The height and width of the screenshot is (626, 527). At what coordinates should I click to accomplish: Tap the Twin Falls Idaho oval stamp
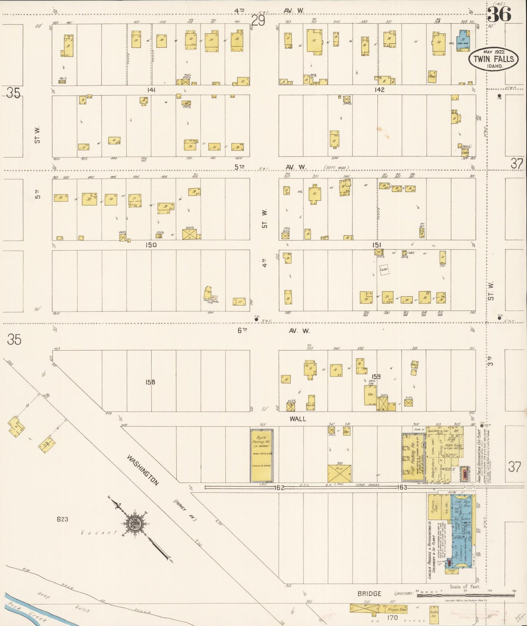[493, 59]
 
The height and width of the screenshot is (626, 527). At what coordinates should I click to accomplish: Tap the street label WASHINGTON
[143, 470]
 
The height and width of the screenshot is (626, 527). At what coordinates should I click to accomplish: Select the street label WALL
[298, 419]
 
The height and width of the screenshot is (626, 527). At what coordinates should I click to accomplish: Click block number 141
[151, 90]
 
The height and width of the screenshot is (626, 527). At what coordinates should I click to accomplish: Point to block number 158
[150, 382]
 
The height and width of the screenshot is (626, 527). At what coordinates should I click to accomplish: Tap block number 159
[376, 376]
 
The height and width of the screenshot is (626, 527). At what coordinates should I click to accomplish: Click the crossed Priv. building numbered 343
[339, 473]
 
